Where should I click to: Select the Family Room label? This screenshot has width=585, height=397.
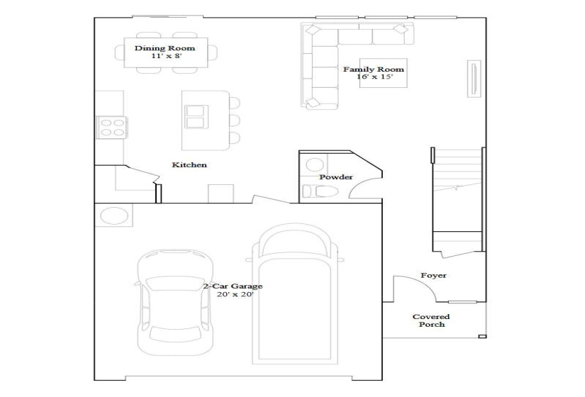coord(374,69)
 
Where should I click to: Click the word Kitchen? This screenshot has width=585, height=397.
coord(189,165)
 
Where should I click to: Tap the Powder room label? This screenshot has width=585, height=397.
coord(335,177)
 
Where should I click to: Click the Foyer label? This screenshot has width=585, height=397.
coord(433,275)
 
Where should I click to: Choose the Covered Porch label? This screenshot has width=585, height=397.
coord(432,320)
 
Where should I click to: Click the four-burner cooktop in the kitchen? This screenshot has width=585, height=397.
coord(111,127)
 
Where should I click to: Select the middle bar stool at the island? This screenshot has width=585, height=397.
coord(234,120)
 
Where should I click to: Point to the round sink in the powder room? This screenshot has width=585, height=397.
coord(312,166)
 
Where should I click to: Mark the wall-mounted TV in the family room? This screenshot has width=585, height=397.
coord(471,77)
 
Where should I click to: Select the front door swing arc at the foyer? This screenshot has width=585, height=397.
coord(411,288)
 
